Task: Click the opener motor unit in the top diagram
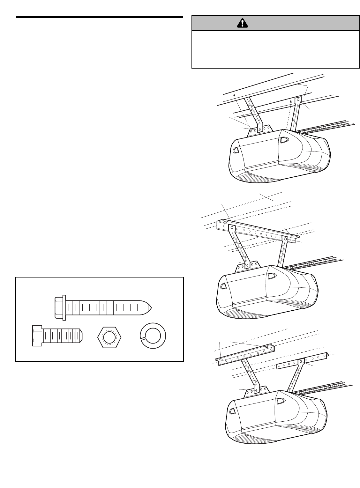(x=278, y=156)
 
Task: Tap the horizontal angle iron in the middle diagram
(x=259, y=231)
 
